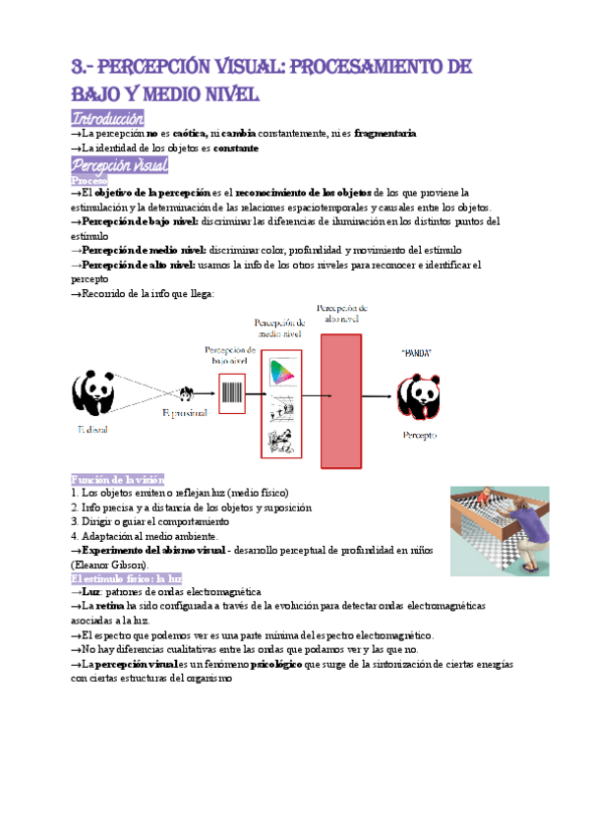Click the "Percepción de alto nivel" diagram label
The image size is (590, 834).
tap(343, 313)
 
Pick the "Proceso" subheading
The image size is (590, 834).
tap(89, 181)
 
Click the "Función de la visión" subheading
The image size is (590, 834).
tap(110, 477)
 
